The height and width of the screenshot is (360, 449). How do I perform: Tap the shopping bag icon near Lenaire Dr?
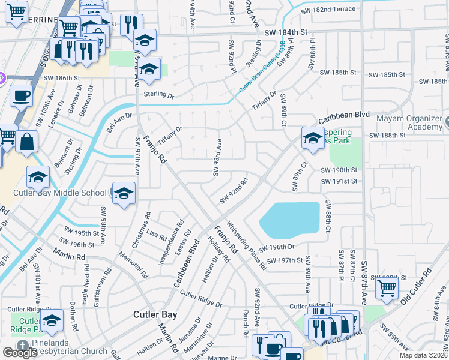(27, 142)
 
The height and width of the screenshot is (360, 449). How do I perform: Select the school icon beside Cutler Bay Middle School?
(124, 193)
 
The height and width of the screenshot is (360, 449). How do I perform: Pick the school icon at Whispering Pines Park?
(312, 137)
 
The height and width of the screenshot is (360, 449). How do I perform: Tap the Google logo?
(20, 353)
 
